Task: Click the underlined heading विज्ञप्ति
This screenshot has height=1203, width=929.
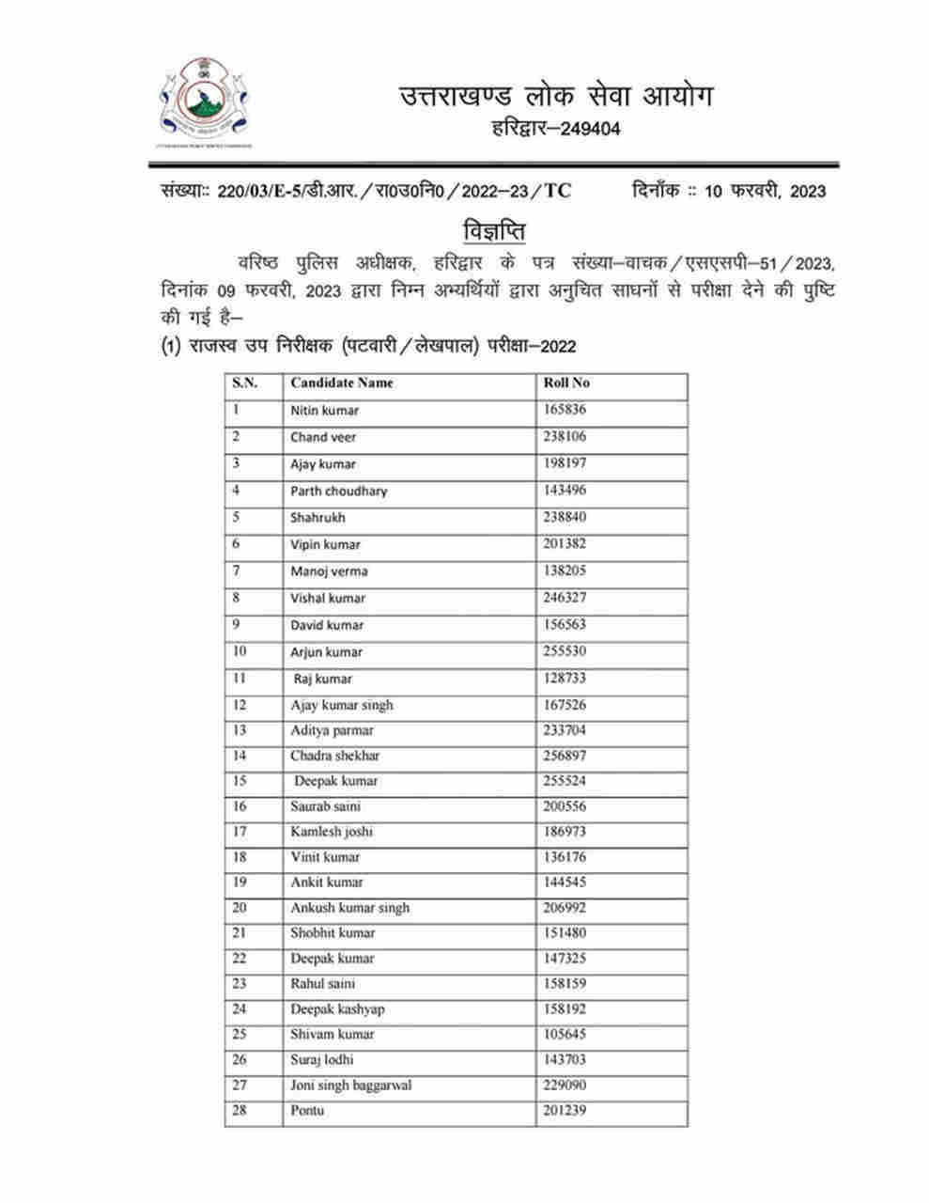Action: [494, 231]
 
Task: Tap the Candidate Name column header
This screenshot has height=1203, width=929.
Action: [342, 383]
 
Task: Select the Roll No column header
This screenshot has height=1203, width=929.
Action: [566, 383]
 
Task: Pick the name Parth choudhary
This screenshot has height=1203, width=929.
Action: [338, 491]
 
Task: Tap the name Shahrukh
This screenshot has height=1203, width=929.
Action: [317, 517]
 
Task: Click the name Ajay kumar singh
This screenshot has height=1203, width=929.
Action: [342, 705]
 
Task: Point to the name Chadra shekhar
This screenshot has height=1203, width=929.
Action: [335, 756]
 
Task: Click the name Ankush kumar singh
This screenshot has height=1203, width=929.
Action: [349, 908]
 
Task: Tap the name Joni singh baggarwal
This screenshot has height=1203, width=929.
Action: [350, 1086]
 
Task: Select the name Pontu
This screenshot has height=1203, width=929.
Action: [307, 1111]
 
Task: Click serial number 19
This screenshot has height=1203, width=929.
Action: [240, 883]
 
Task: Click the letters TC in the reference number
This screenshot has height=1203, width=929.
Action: [557, 191]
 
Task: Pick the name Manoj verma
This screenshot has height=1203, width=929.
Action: [329, 571]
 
